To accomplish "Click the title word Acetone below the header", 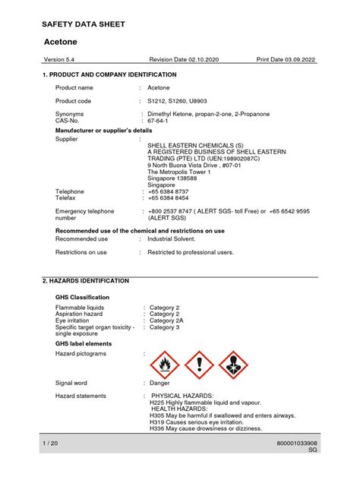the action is click(x=62, y=41).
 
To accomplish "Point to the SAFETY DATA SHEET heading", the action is click(x=84, y=24).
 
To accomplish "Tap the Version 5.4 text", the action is click(x=58, y=60).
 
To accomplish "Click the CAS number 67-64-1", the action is click(x=159, y=120).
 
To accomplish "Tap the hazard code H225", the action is click(x=159, y=402).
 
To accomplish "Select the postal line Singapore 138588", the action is click(x=173, y=178).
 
